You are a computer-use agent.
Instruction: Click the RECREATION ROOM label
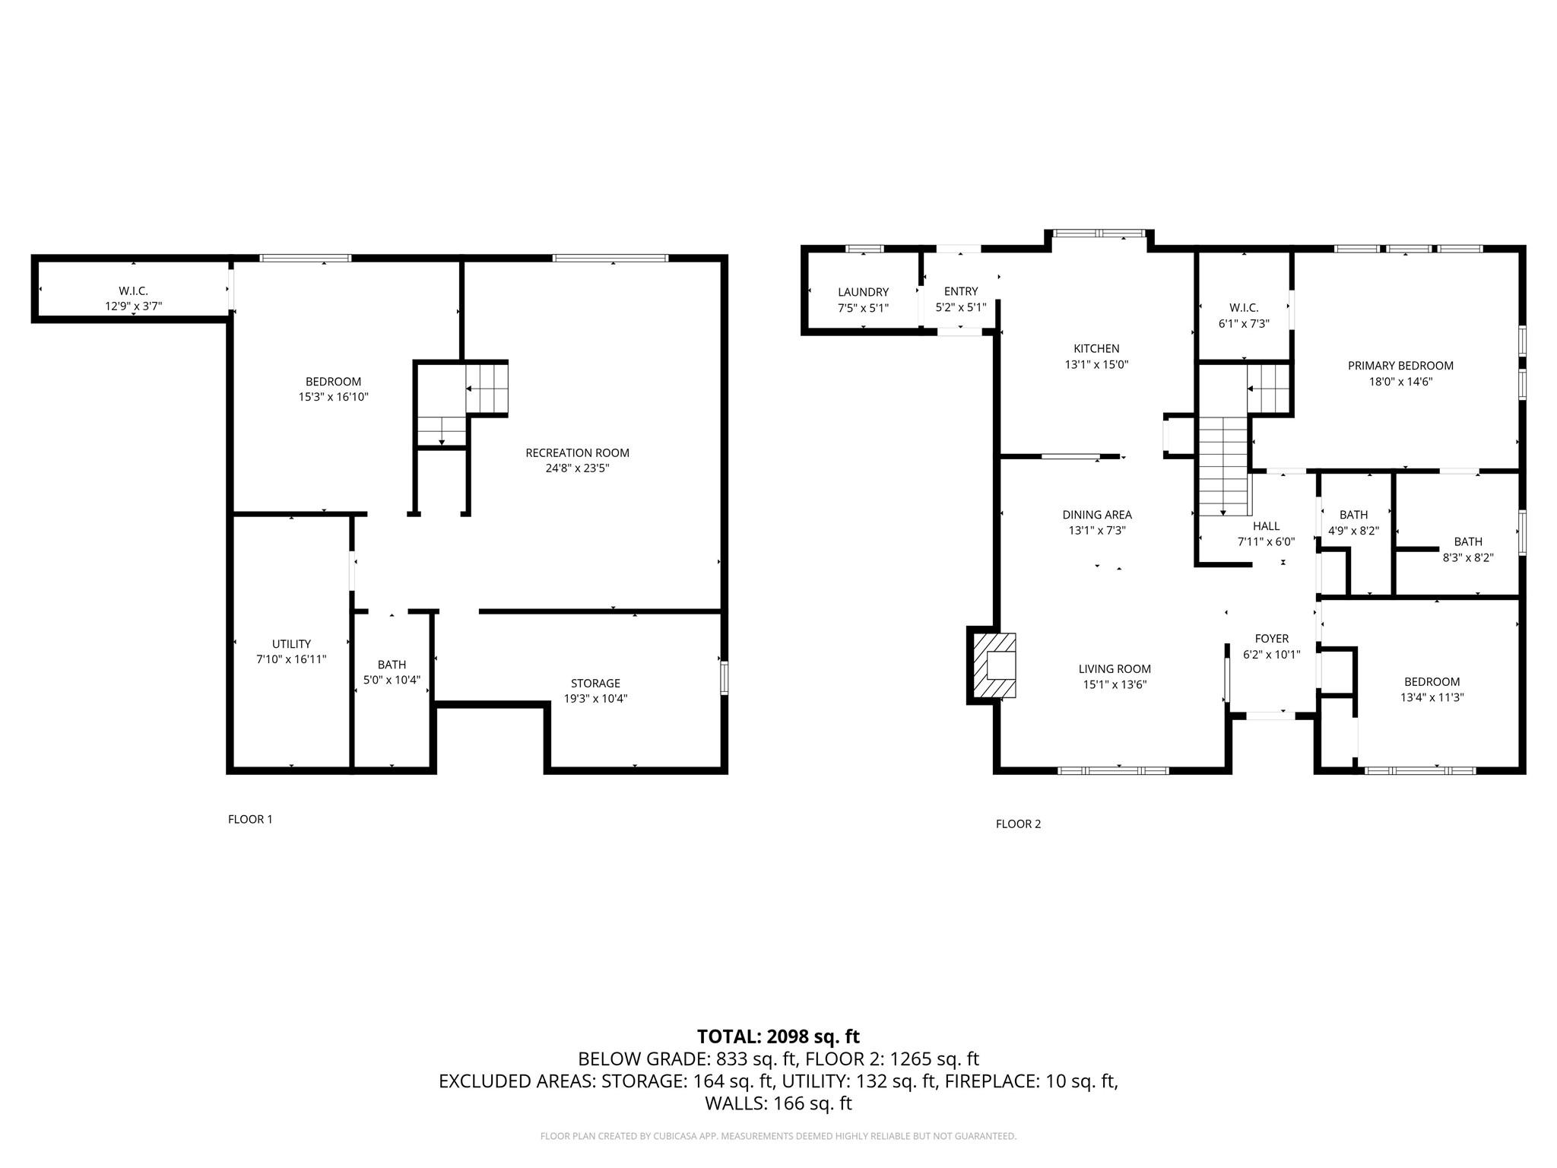(577, 452)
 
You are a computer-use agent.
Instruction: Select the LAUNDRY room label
(863, 292)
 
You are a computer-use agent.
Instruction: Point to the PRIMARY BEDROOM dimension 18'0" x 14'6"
(1400, 382)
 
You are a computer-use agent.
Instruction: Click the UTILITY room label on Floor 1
(291, 643)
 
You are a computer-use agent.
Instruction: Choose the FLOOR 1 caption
(250, 819)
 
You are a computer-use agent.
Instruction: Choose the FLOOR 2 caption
(1018, 824)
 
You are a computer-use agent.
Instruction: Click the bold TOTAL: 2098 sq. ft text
(778, 1036)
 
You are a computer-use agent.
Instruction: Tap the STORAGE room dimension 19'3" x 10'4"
(595, 698)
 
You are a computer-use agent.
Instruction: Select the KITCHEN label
(1096, 348)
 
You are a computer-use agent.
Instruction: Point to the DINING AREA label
(1096, 515)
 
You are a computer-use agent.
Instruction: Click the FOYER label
(1271, 639)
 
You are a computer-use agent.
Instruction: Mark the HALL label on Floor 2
(1266, 526)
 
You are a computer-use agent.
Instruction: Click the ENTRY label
(961, 291)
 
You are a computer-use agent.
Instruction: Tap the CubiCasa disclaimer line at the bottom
(778, 1136)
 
